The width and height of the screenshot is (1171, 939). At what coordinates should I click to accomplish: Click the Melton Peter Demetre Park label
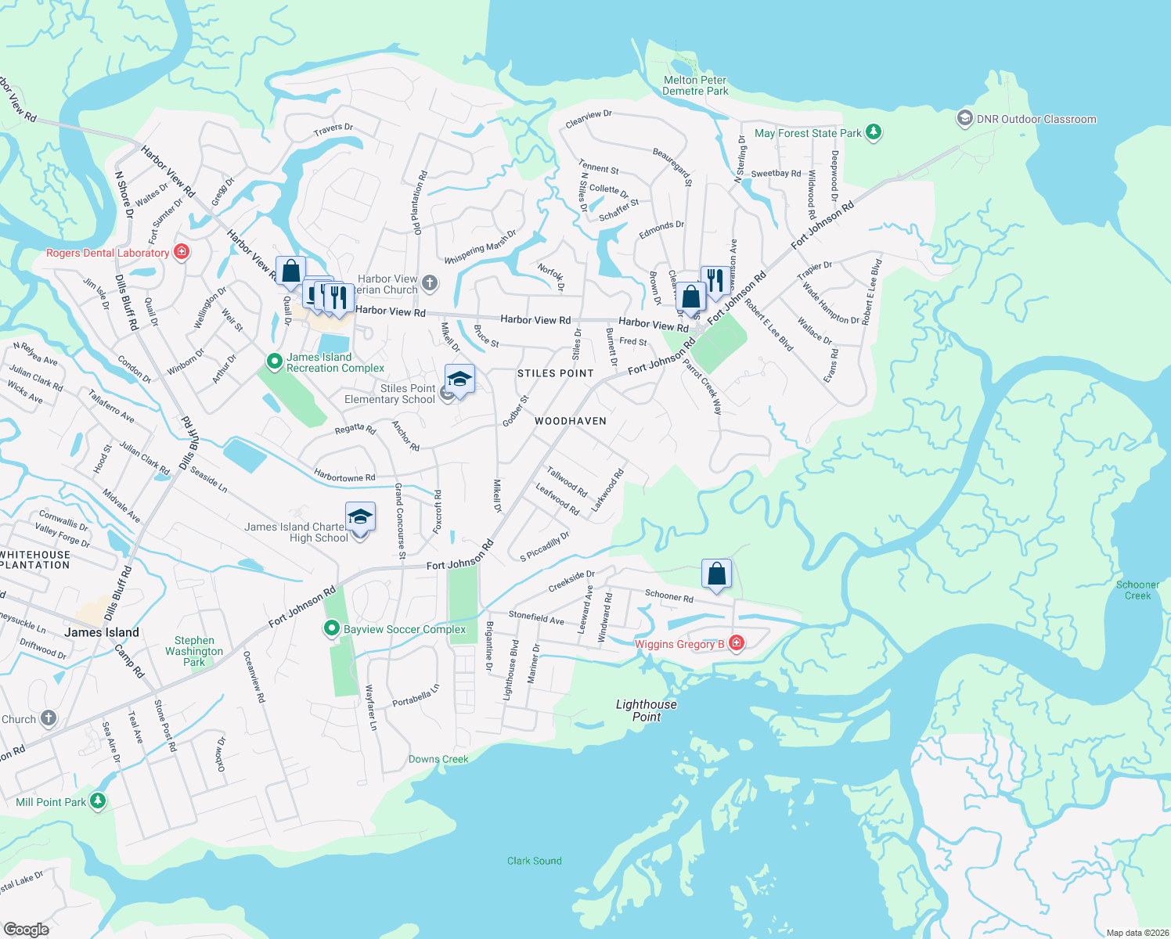click(x=695, y=85)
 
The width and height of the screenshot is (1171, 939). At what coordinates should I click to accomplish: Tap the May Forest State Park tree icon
click(x=874, y=133)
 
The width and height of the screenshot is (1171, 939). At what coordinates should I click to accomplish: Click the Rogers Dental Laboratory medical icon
click(x=182, y=252)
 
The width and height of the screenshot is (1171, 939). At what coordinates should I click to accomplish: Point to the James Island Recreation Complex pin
click(x=274, y=362)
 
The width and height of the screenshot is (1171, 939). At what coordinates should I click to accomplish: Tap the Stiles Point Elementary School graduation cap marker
click(x=459, y=380)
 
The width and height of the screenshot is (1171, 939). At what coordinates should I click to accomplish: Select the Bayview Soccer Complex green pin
click(x=332, y=628)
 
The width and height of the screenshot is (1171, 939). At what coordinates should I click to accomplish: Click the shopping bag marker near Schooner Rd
click(x=716, y=574)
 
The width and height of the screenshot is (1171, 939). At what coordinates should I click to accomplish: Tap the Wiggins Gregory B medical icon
click(x=736, y=643)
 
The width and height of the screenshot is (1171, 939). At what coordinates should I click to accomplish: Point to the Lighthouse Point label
click(x=647, y=711)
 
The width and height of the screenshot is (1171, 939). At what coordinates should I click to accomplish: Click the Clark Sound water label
click(x=534, y=861)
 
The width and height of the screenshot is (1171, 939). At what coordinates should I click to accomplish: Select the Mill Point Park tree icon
click(x=98, y=801)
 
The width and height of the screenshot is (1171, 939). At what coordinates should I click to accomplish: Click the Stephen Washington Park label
click(x=194, y=651)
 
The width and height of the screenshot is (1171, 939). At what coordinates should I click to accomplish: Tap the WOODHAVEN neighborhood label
click(x=571, y=421)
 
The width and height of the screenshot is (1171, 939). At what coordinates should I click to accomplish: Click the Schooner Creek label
click(x=1137, y=590)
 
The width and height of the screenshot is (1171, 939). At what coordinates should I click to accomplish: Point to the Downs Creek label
click(x=438, y=759)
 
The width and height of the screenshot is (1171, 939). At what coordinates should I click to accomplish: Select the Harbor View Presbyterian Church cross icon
click(x=429, y=282)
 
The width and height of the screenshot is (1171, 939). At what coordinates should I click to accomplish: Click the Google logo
click(x=27, y=930)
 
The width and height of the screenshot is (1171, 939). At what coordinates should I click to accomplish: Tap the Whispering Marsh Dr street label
click(x=481, y=247)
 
